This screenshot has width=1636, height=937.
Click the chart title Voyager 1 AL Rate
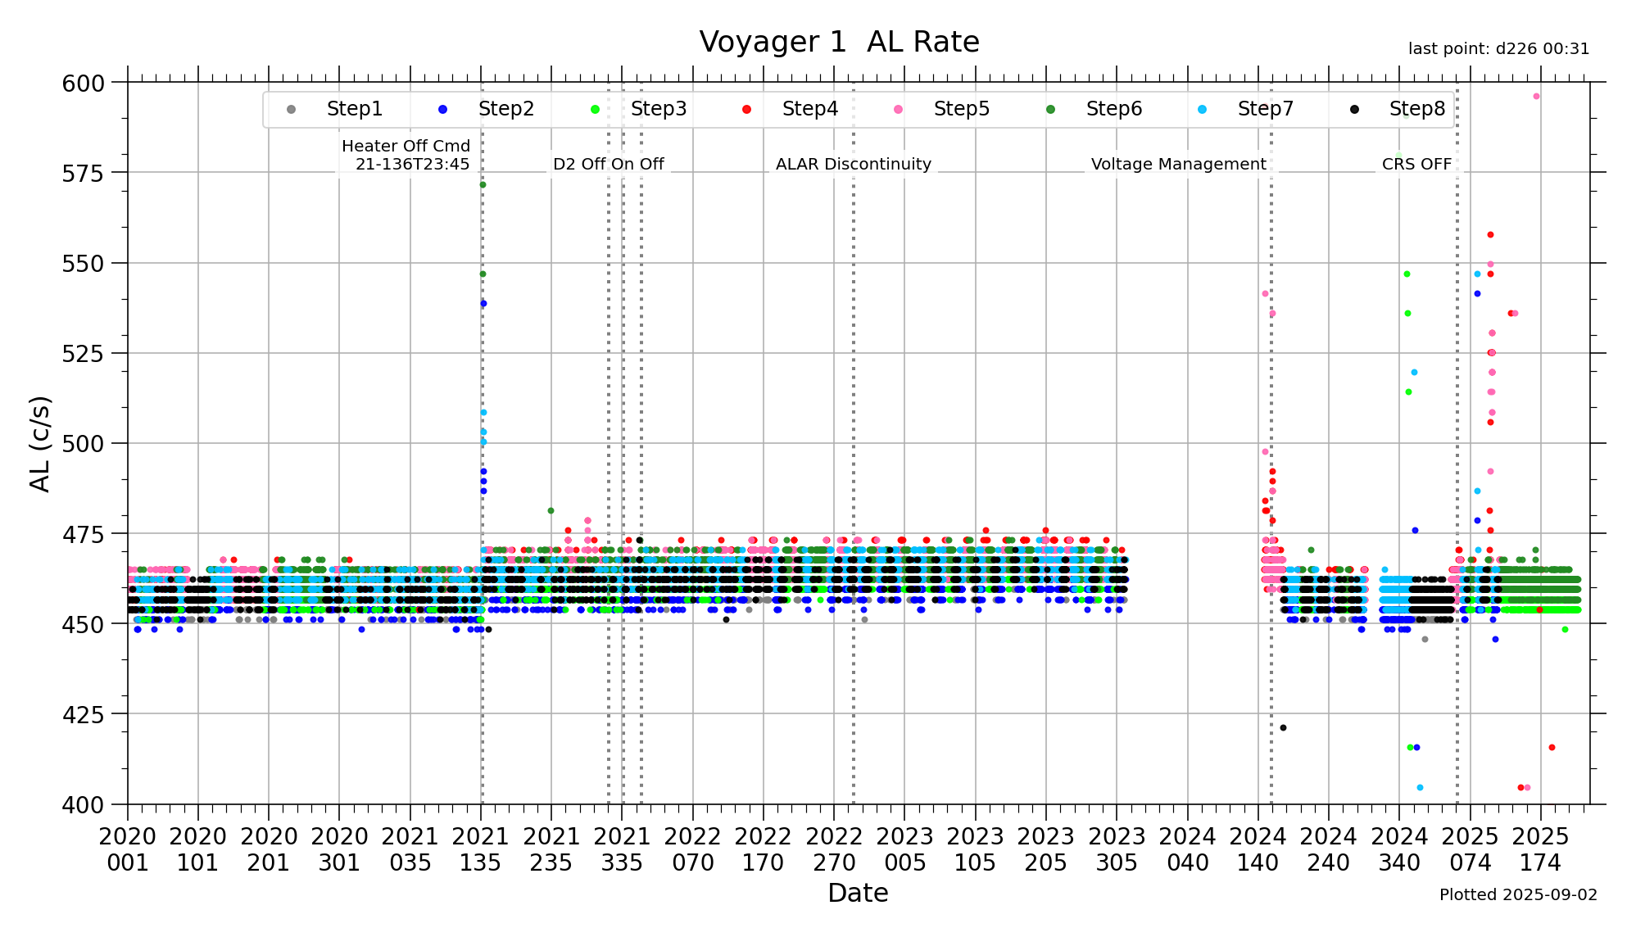(x=839, y=42)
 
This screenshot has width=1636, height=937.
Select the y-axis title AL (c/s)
(x=39, y=443)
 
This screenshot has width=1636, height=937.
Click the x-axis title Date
(x=858, y=893)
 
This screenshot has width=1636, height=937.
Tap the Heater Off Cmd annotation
(x=406, y=155)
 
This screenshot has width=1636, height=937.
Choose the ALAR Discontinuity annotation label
(x=853, y=164)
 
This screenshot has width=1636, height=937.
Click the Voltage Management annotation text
(x=1178, y=164)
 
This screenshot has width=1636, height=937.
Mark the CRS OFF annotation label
(x=1416, y=164)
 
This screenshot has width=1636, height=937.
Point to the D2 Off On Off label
(x=608, y=164)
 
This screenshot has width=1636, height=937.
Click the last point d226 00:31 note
(x=1498, y=49)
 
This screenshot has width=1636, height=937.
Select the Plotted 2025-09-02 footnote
(x=1518, y=894)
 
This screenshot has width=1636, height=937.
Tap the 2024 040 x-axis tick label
(x=1188, y=849)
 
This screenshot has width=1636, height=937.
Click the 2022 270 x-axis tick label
(x=834, y=849)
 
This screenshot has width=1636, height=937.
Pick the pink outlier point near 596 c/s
(x=1536, y=97)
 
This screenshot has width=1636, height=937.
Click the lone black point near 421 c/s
(x=1283, y=727)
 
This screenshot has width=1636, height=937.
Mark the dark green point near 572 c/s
(x=483, y=184)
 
